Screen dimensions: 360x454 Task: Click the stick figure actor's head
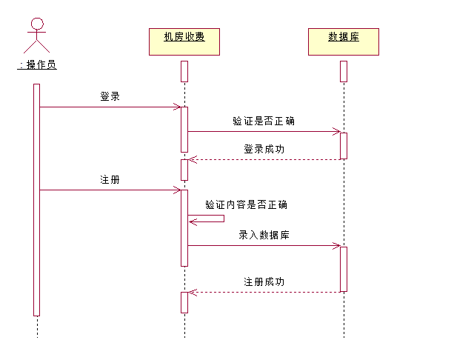point(37,23)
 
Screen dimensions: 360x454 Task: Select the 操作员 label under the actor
point(38,64)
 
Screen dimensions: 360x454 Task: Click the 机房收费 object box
point(184,41)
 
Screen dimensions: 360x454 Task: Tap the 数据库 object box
point(343,41)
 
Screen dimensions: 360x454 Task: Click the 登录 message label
point(110,96)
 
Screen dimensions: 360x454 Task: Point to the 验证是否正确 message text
point(258,121)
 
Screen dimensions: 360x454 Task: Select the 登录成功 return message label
point(264,149)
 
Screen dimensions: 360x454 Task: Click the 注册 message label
point(110,179)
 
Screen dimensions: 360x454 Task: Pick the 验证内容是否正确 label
point(246,204)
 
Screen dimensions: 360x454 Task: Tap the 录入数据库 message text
point(264,235)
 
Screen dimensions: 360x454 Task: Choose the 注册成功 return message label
point(264,282)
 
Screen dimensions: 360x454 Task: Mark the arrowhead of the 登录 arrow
point(178,107)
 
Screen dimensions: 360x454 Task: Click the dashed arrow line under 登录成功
point(264,159)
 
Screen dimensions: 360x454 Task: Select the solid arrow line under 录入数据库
point(264,245)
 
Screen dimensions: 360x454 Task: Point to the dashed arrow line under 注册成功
point(264,292)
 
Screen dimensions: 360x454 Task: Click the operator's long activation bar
point(36,200)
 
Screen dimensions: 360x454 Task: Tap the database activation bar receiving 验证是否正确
point(344,145)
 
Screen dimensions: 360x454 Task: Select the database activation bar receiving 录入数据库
point(344,268)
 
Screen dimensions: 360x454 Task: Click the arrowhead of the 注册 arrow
point(178,190)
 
